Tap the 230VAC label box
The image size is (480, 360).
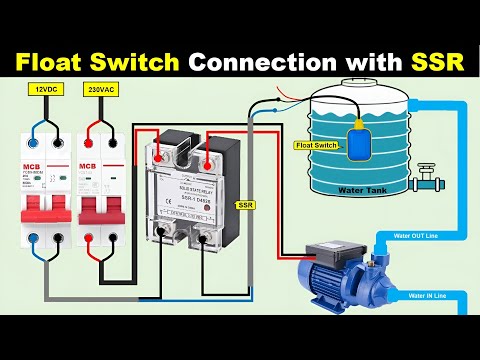(102, 89)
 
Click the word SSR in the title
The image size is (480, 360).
(437, 61)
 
